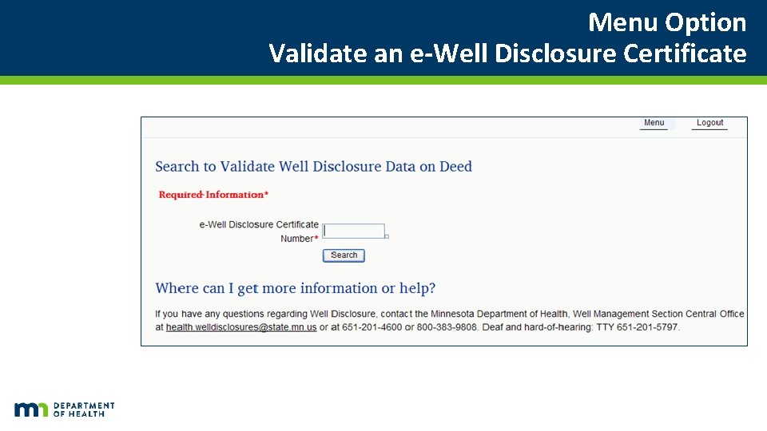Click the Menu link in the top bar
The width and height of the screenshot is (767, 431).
[654, 123]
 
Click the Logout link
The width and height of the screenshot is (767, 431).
[709, 123]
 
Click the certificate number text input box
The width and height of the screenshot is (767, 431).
[354, 231]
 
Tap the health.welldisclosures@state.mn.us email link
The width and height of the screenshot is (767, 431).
[241, 327]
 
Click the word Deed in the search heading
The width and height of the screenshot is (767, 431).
[456, 167]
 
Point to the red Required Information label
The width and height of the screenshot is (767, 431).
[213, 195]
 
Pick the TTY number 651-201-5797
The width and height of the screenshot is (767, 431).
[648, 327]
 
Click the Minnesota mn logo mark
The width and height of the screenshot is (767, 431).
[31, 409]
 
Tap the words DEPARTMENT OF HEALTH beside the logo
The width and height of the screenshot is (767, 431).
[84, 409]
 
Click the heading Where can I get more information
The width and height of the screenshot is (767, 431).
[295, 288]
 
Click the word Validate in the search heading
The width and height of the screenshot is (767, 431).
[247, 167]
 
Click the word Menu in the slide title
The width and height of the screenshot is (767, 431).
[623, 22]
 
